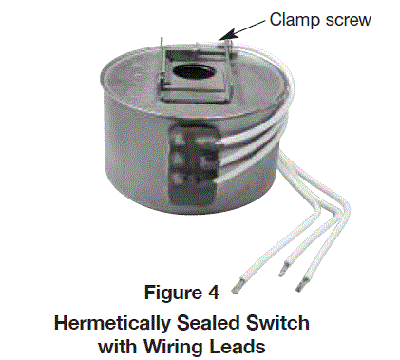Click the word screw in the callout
point(345,19)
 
